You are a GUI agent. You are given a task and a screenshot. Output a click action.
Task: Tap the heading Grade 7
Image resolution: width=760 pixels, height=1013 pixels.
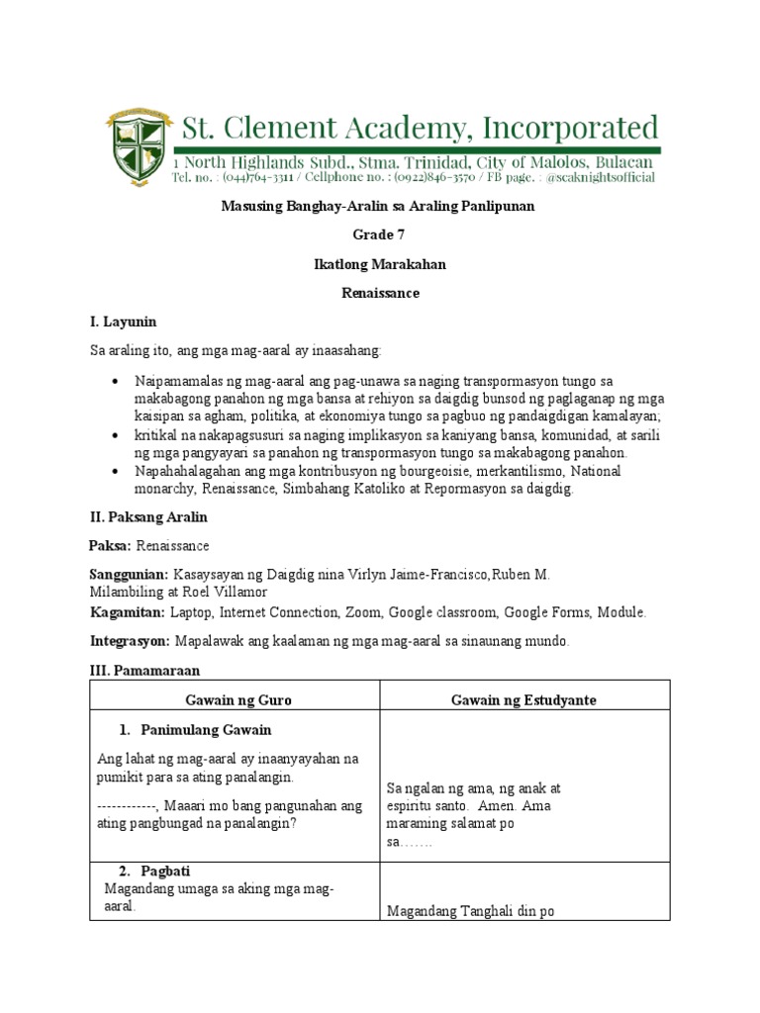click(379, 234)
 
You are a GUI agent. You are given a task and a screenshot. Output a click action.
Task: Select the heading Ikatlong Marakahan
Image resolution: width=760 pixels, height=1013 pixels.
click(380, 264)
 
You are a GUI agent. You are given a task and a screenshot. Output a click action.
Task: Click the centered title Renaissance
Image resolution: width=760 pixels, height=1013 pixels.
click(380, 293)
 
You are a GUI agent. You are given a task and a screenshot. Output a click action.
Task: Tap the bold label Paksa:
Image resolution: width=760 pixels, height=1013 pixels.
click(110, 546)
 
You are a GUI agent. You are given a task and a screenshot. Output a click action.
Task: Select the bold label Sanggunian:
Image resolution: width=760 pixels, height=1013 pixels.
click(129, 575)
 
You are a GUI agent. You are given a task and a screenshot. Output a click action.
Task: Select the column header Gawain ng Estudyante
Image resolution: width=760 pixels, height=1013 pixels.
click(523, 699)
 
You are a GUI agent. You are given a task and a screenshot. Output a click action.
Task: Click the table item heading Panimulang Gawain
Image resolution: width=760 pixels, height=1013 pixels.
click(206, 730)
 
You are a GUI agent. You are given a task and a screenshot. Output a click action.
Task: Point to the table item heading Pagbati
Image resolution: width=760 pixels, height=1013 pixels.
click(165, 872)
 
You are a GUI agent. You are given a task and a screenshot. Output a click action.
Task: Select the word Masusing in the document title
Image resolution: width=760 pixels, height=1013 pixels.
click(246, 206)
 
